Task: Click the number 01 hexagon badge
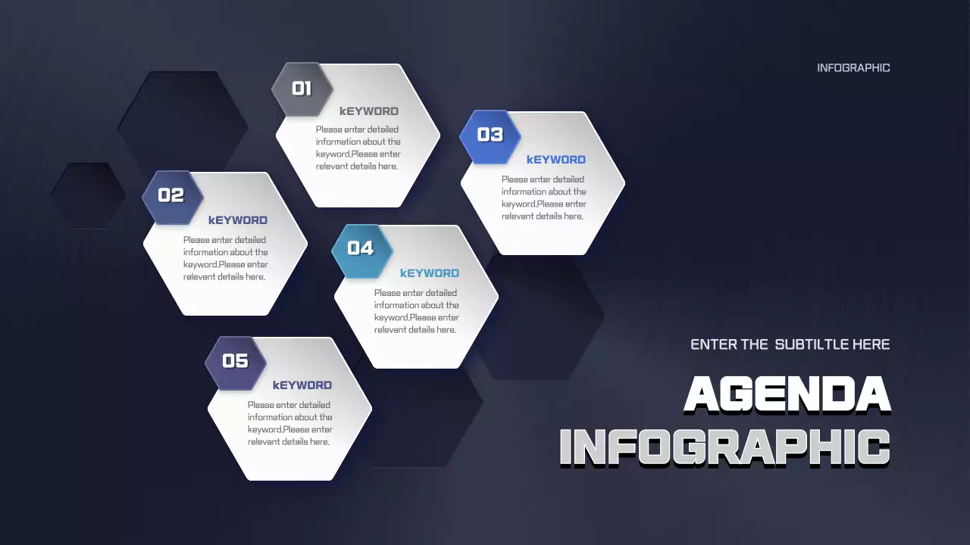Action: (302, 89)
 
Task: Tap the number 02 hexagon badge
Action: (172, 196)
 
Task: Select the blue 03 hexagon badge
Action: (490, 135)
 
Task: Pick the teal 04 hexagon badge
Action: (361, 249)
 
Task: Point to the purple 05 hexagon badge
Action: (236, 362)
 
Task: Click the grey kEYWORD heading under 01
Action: (369, 111)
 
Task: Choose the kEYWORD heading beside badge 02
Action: (238, 220)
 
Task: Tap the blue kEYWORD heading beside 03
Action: (556, 160)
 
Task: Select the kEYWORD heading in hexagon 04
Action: (430, 273)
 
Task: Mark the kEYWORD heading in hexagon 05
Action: (302, 385)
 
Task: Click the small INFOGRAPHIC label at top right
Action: (853, 68)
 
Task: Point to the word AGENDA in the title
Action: (787, 395)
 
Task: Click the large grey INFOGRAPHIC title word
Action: (724, 447)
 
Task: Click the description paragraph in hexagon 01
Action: (358, 148)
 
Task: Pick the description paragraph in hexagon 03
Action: (544, 198)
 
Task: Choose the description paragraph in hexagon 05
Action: (290, 423)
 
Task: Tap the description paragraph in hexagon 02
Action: (226, 258)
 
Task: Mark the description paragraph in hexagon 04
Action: (417, 311)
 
